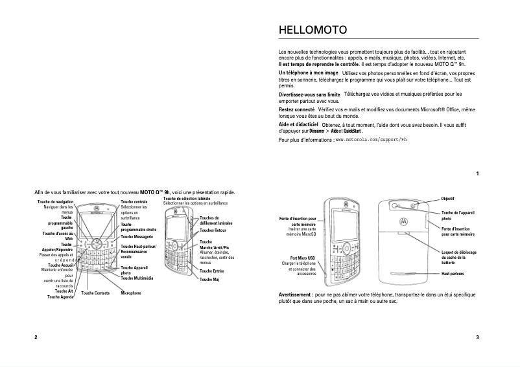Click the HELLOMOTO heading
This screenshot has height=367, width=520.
(313, 30)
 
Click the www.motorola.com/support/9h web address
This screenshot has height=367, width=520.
(370, 139)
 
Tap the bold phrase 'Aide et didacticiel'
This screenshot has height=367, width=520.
(298, 124)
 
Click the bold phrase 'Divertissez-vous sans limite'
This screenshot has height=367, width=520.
(309, 95)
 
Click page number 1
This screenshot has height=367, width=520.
(477, 173)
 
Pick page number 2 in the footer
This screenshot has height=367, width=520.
(36, 337)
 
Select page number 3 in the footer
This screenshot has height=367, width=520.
(477, 337)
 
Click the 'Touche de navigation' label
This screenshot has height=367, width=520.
(56, 203)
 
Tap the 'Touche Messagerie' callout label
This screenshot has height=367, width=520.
(136, 238)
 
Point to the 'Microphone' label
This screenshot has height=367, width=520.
(130, 293)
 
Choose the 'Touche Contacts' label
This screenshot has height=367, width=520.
(95, 293)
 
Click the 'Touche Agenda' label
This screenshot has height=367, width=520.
(60, 297)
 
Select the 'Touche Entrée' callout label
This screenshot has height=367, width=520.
(212, 271)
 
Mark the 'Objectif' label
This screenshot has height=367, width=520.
(448, 197)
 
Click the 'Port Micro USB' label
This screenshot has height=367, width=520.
(303, 258)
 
